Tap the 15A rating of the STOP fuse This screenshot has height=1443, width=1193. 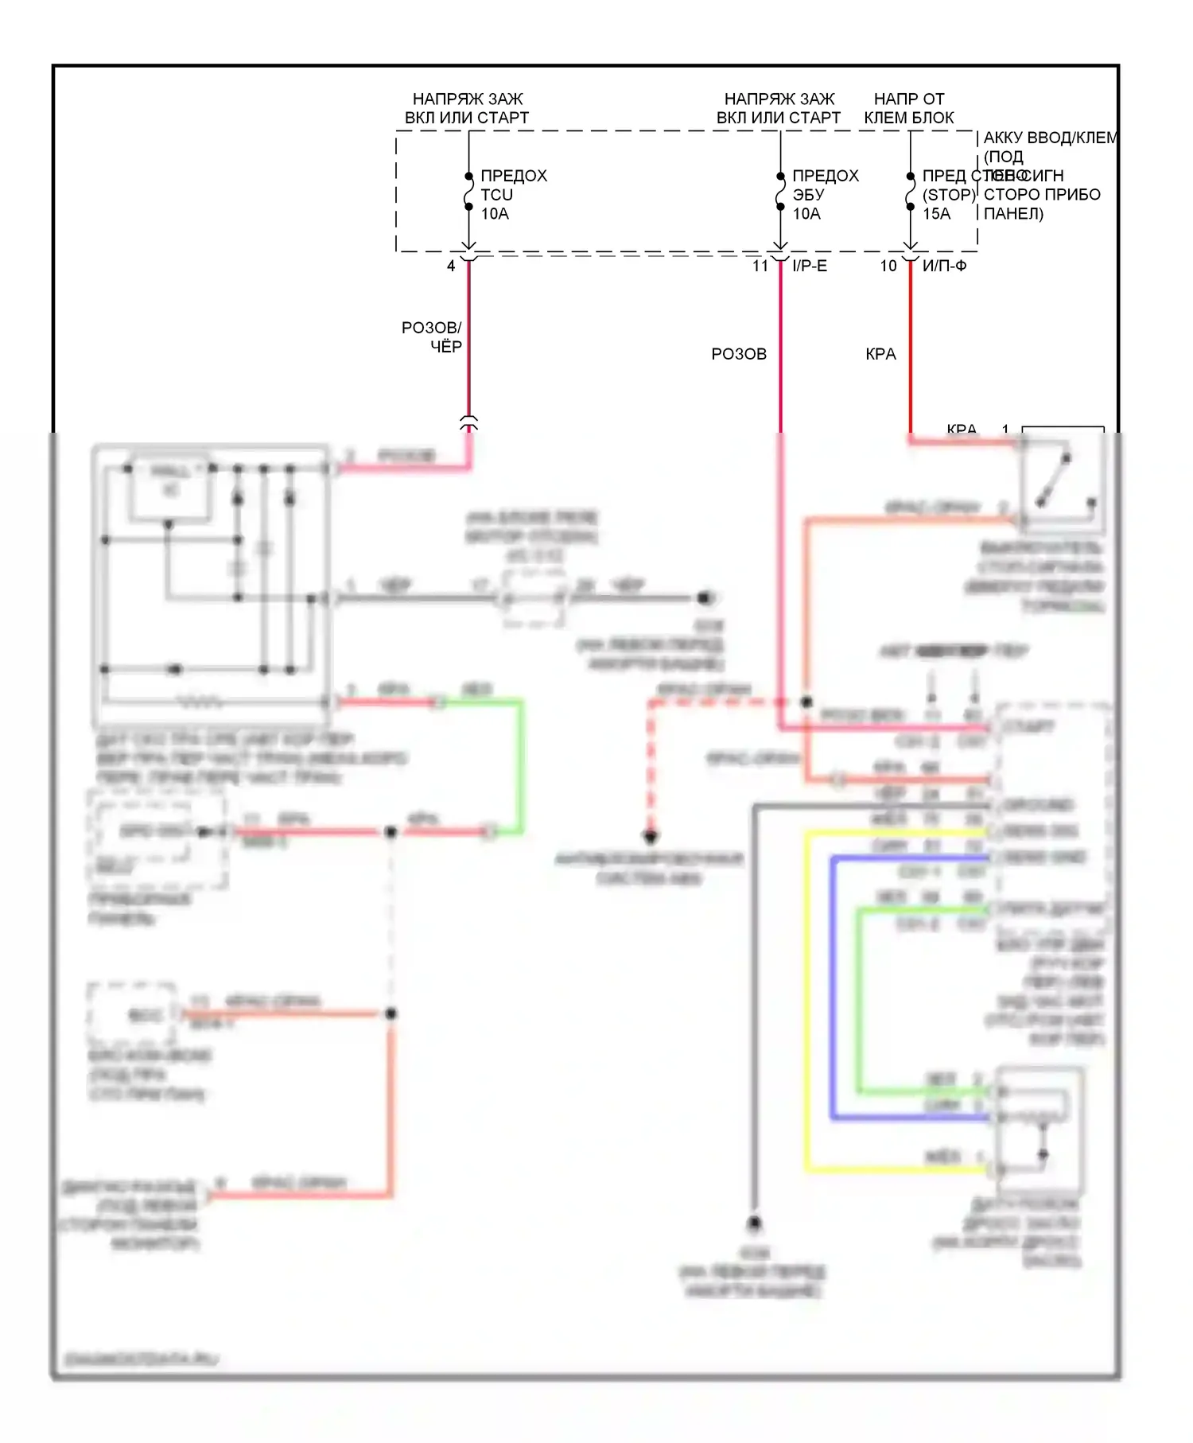(936, 214)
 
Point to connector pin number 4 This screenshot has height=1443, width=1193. (451, 266)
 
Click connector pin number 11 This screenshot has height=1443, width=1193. (760, 266)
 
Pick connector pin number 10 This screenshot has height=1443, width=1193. (888, 266)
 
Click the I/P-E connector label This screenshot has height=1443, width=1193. (810, 266)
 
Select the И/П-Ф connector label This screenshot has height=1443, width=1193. (944, 266)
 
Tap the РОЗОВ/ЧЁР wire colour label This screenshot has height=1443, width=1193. (432, 337)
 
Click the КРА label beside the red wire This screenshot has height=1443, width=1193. (880, 354)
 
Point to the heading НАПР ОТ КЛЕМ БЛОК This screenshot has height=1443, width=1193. (909, 108)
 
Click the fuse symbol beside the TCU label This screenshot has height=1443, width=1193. (468, 192)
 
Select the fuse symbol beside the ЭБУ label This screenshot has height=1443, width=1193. (780, 192)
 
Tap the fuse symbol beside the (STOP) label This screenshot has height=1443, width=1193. (911, 192)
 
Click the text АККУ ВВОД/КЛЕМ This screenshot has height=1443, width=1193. (1050, 138)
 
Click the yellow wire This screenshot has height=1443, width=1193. (807, 994)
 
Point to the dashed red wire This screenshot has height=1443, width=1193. (651, 764)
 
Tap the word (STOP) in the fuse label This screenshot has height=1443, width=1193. (948, 195)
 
